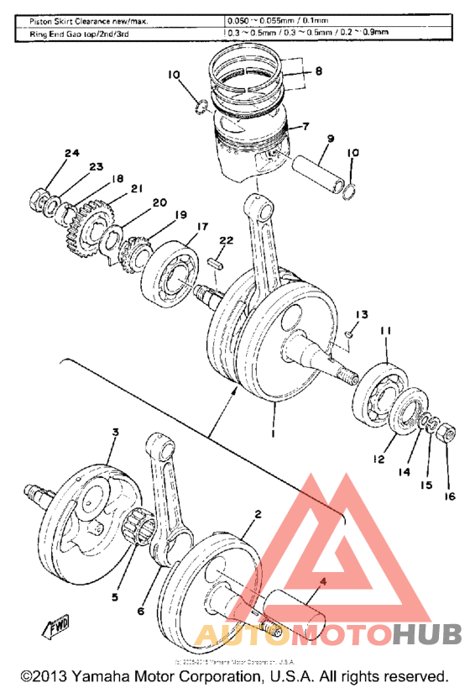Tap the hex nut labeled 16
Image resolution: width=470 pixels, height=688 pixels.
[x=447, y=434]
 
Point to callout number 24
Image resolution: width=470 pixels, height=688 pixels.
[x=71, y=153]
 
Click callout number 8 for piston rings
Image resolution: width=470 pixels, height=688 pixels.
[x=318, y=72]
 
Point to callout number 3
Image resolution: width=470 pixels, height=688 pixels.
[x=116, y=432]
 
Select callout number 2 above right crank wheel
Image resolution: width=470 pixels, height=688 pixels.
[x=258, y=513]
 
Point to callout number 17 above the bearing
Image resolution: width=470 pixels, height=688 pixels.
[x=202, y=227]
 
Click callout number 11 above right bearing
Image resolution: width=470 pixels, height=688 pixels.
[x=385, y=333]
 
